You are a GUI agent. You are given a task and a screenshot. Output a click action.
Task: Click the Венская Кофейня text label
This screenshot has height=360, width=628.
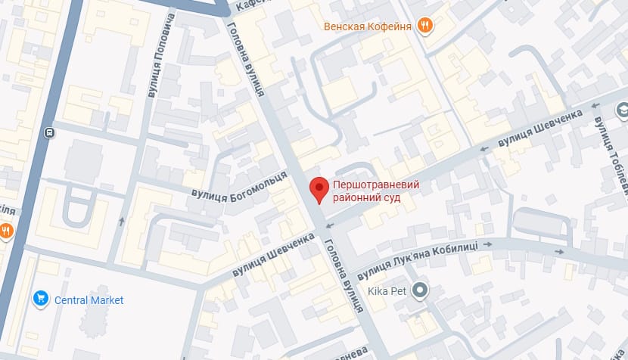coord(367,26)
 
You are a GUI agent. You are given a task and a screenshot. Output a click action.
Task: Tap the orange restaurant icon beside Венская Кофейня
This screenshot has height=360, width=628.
coord(425,26)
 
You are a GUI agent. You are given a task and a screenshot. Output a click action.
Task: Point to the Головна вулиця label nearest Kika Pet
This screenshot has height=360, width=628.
coord(343,276)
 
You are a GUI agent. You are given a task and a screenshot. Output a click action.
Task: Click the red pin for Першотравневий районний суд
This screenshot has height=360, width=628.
coord(320,189)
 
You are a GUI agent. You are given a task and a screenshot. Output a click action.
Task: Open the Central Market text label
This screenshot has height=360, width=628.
coord(89,300)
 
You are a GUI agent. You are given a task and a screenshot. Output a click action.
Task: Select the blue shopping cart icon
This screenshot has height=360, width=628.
coord(41,299)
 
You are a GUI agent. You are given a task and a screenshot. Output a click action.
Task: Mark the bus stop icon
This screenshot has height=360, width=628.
coord(49,133)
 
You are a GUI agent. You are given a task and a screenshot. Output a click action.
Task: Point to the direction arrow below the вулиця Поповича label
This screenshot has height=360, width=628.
coord(122,222)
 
